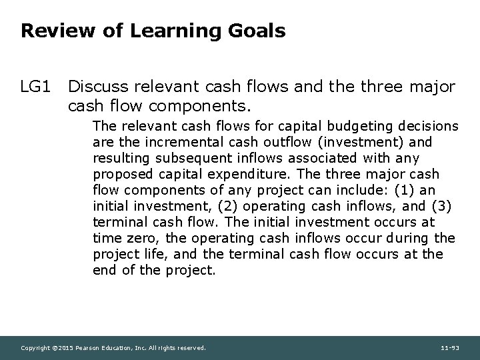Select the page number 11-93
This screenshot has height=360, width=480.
(451, 348)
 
